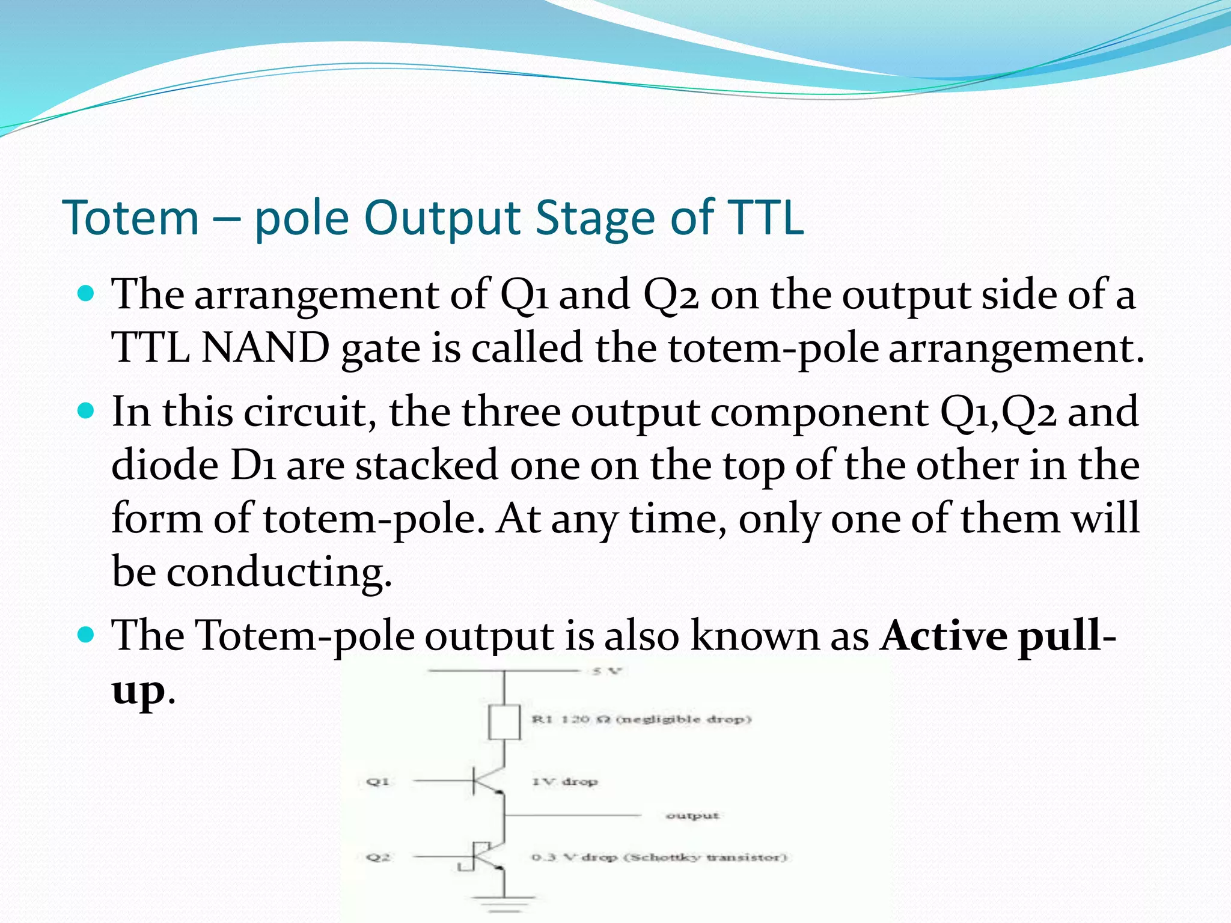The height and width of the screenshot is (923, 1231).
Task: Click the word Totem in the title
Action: pyautogui.click(x=130, y=218)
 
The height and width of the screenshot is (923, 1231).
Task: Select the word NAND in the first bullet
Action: pyautogui.click(x=265, y=348)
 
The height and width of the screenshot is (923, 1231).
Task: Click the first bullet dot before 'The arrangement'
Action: pyautogui.click(x=87, y=294)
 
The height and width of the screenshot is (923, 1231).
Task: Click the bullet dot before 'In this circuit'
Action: pyautogui.click(x=87, y=411)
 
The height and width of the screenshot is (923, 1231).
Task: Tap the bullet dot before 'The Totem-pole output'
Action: pyautogui.click(x=87, y=635)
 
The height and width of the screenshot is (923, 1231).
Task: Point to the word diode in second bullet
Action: pyautogui.click(x=165, y=465)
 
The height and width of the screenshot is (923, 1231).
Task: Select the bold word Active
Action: pyautogui.click(x=944, y=635)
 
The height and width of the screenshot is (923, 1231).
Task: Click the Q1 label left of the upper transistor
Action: pyautogui.click(x=378, y=782)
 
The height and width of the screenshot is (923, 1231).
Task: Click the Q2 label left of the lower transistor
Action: pyautogui.click(x=378, y=858)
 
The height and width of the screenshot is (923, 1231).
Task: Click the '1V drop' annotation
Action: pyautogui.click(x=564, y=782)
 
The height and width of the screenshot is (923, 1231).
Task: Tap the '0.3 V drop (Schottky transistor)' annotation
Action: pyautogui.click(x=659, y=858)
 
